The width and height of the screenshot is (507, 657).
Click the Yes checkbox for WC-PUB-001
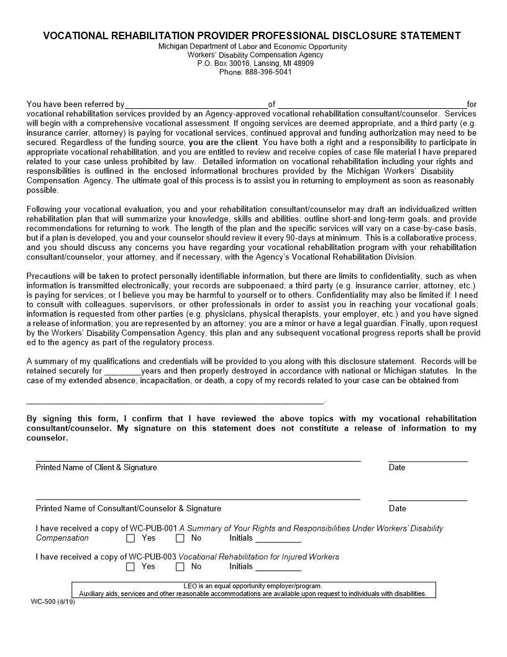(x=130, y=538)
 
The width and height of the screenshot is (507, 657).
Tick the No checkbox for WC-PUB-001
(x=180, y=538)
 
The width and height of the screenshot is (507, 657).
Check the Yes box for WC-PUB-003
(x=130, y=567)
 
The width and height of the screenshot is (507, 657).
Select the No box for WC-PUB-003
(x=180, y=567)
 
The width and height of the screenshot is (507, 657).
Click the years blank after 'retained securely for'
(x=122, y=371)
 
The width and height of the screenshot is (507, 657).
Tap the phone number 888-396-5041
(x=267, y=72)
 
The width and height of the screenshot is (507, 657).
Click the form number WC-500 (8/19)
(x=53, y=602)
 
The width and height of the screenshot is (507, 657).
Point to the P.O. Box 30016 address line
(x=255, y=63)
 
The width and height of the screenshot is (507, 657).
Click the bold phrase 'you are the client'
(x=224, y=142)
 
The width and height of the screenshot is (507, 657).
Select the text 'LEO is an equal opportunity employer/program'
(x=253, y=586)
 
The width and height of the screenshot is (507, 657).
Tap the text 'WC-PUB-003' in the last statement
(x=152, y=557)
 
